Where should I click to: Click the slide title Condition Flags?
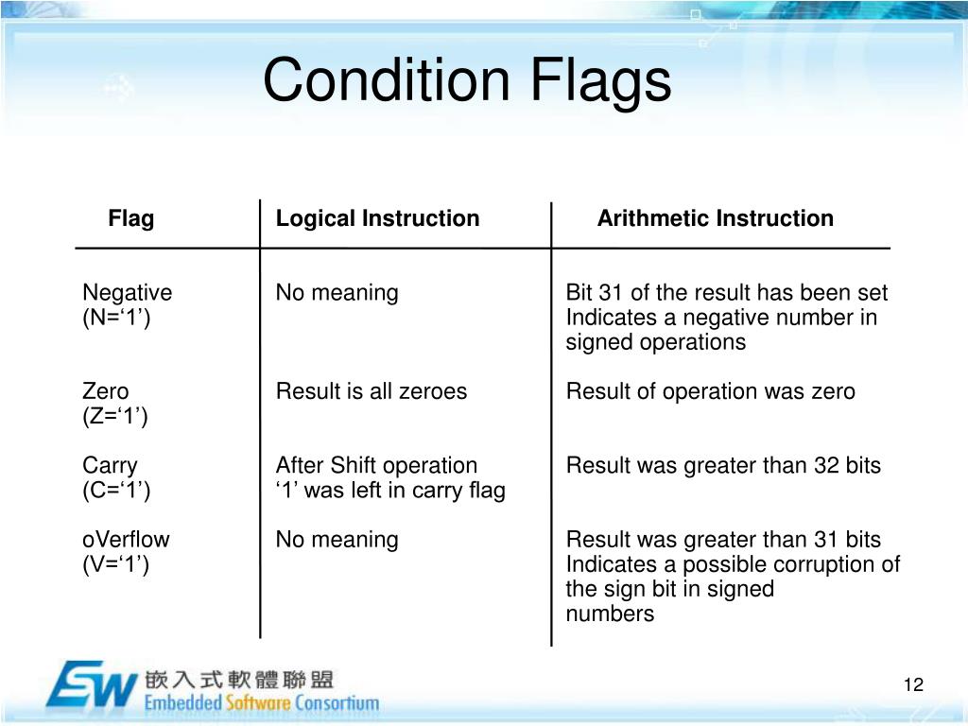(x=467, y=80)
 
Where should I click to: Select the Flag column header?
(x=130, y=219)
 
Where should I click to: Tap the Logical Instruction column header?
(x=377, y=219)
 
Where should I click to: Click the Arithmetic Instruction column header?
(x=715, y=219)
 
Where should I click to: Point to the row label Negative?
(x=128, y=293)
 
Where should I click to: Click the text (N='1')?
(x=116, y=318)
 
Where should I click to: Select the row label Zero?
(x=106, y=391)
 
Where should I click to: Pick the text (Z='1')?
(x=115, y=416)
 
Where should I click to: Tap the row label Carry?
(x=110, y=466)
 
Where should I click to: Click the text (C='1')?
(x=116, y=491)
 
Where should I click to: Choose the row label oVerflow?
(x=126, y=540)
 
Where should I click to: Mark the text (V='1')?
(x=116, y=564)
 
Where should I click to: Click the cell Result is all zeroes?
(x=371, y=391)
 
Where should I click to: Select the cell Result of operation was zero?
(x=710, y=391)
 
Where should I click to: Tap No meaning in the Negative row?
(x=337, y=293)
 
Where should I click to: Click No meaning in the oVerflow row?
(x=337, y=540)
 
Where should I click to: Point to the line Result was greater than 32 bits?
(x=723, y=466)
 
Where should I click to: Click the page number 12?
(x=912, y=685)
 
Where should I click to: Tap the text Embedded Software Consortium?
(x=262, y=703)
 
